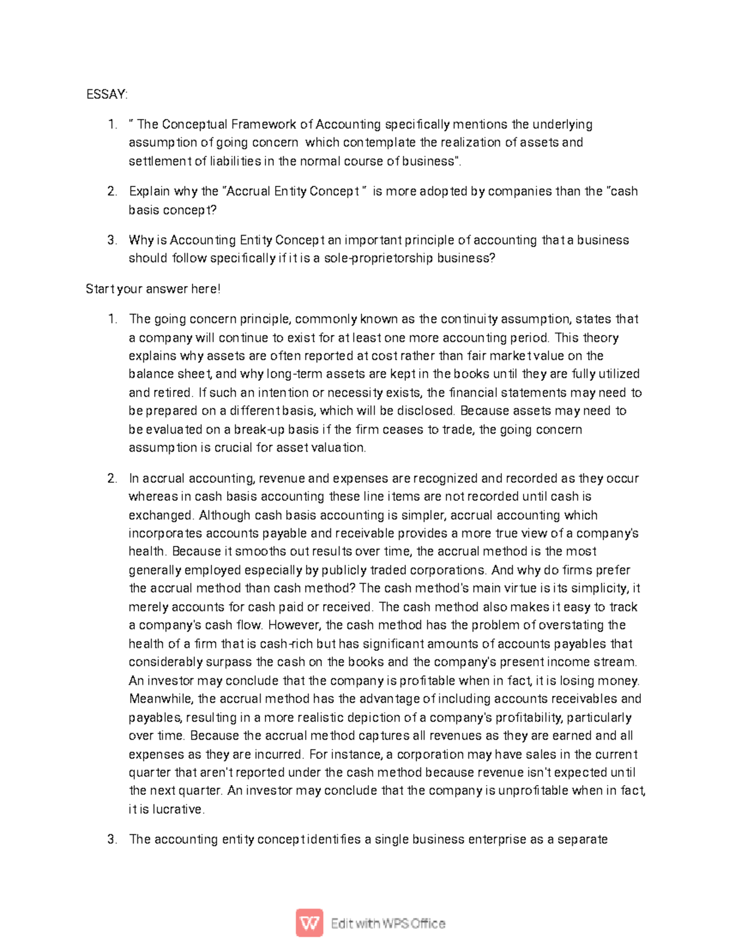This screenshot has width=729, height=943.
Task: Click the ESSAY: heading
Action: click(x=107, y=94)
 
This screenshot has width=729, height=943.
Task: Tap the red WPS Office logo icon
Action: click(x=309, y=923)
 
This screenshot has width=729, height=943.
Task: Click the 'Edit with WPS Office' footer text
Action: click(x=388, y=924)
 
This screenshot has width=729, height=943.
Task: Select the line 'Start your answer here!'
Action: click(x=153, y=289)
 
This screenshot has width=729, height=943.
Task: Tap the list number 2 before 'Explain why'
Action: click(x=112, y=191)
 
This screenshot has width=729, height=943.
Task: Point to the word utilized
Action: click(x=614, y=374)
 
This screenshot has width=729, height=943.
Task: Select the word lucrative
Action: click(x=178, y=809)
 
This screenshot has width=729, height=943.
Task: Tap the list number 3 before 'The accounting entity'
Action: click(x=112, y=840)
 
